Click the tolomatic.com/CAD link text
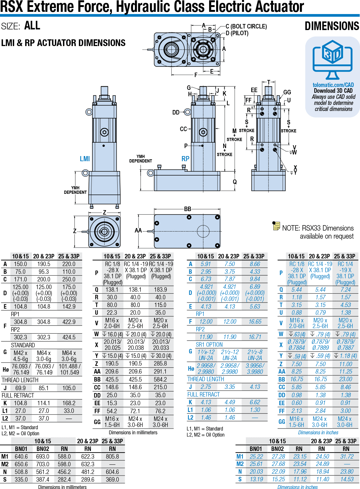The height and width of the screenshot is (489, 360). point(333,85)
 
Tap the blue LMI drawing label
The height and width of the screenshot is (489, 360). point(85,159)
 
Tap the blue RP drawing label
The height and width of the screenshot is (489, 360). point(185,159)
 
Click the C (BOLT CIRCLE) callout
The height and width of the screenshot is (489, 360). point(246,26)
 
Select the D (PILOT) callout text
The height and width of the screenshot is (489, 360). point(237,33)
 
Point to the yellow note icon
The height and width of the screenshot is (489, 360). point(276,226)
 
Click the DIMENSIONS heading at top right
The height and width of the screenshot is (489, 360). point(332,26)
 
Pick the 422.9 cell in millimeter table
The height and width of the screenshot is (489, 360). point(69,322)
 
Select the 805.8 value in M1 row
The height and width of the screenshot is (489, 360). point(112,456)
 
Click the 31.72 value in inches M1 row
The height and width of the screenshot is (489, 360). point(347,456)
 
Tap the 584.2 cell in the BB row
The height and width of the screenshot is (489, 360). point(160,379)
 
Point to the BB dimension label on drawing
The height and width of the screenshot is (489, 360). point(187,209)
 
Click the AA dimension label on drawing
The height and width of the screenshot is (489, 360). point(138,230)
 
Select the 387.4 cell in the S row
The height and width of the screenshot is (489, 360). point(43,479)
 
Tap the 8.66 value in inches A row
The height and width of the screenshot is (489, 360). point(255,264)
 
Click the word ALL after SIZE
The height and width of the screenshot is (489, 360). point(32,26)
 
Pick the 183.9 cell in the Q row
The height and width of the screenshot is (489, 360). point(160,289)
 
